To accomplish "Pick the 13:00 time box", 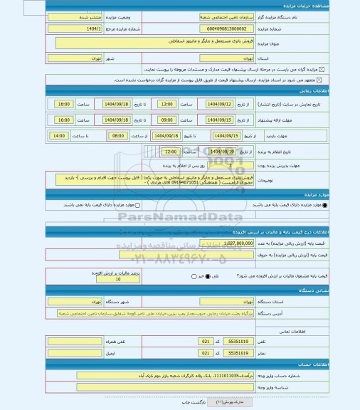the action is [166, 104].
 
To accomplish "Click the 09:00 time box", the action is [166, 120].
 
